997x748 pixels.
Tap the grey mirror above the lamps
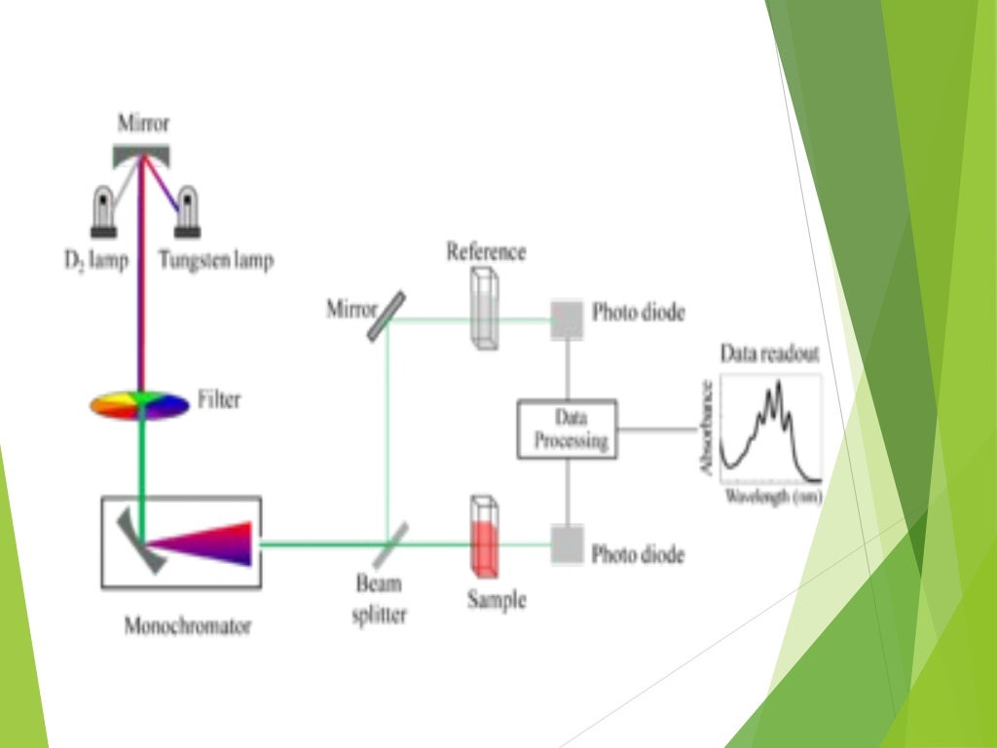(x=144, y=154)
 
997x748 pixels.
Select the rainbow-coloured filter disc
(x=139, y=404)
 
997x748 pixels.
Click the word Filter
(x=218, y=400)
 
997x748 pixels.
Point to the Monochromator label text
(x=187, y=625)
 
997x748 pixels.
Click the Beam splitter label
(x=379, y=600)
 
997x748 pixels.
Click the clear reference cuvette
(x=484, y=308)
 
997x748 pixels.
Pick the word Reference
(x=486, y=252)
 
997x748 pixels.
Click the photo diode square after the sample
(x=568, y=544)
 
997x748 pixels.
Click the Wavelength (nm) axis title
(x=772, y=498)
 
